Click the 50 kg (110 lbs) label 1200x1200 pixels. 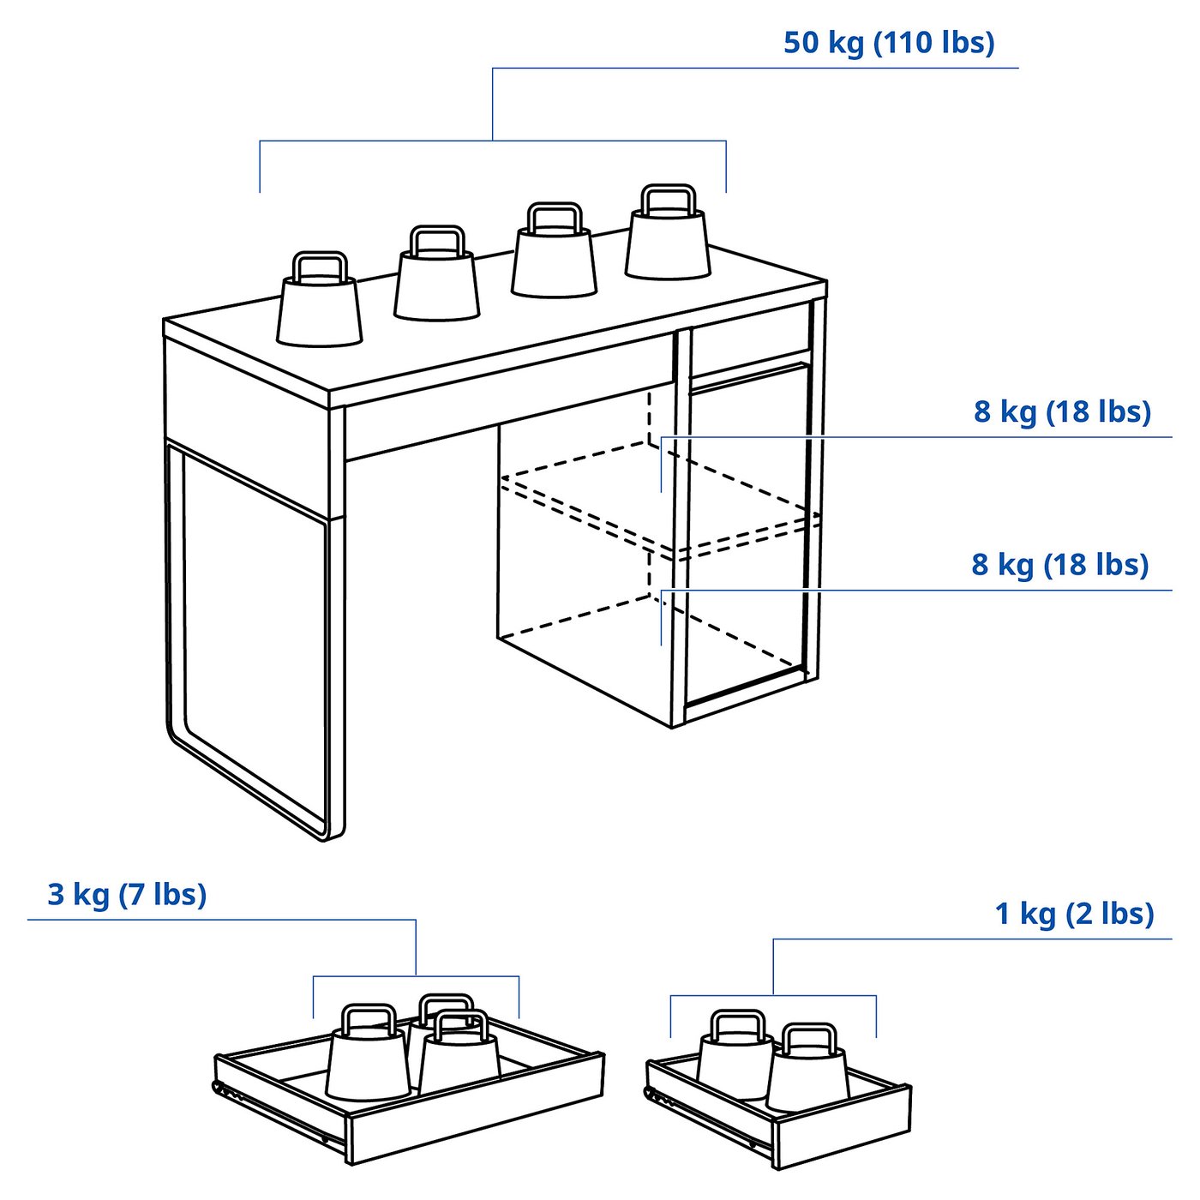click(x=889, y=43)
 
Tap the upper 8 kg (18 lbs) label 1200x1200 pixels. click(x=1061, y=411)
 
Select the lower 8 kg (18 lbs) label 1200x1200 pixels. click(x=1059, y=565)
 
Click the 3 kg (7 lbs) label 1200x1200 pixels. click(x=127, y=894)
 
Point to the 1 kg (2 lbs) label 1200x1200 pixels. click(x=1074, y=914)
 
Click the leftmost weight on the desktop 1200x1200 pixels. click(x=320, y=309)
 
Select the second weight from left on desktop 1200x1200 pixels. click(x=437, y=283)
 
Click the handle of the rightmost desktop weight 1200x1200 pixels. click(x=668, y=198)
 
